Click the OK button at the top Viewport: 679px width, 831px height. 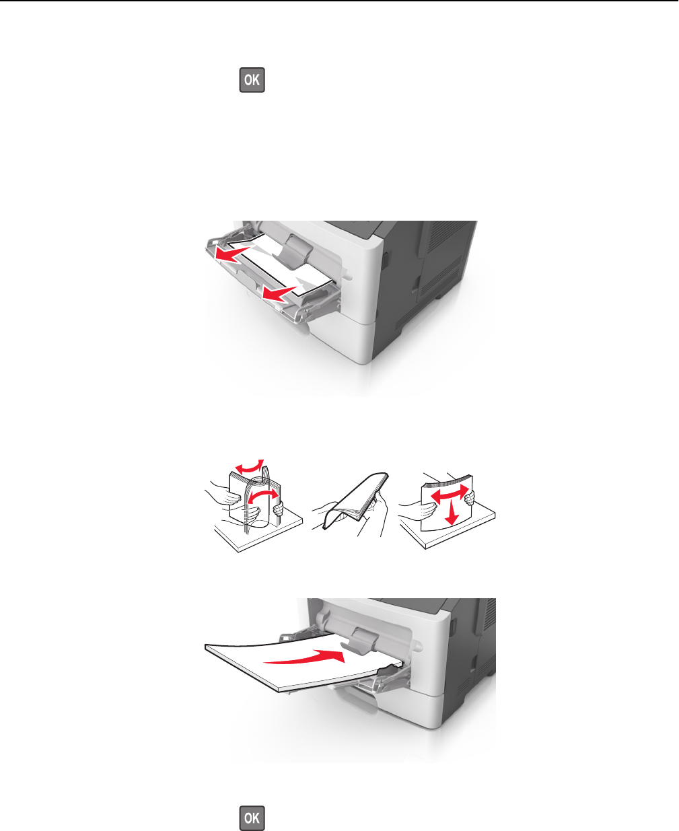tap(252, 80)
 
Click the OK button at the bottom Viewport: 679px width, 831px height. tap(252, 818)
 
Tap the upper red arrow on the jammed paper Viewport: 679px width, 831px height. tap(233, 254)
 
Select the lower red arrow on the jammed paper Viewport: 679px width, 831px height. tap(279, 293)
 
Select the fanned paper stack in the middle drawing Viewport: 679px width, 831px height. tap(355, 501)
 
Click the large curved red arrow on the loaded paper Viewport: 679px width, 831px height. tap(304, 657)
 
